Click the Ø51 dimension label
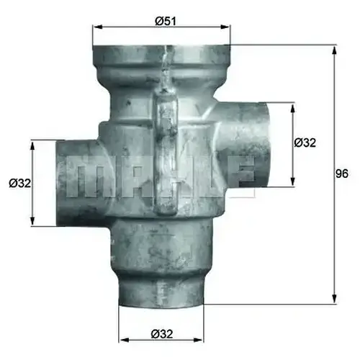[166, 22]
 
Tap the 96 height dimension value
[342, 174]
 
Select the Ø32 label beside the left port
[20, 184]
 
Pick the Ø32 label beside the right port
[305, 143]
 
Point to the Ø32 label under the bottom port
[162, 334]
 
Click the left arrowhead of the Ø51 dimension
[97, 27]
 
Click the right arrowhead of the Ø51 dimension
[225, 27]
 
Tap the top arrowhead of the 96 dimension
[335, 50]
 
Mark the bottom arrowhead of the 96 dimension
[335, 299]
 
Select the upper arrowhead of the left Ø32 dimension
[32, 145]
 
